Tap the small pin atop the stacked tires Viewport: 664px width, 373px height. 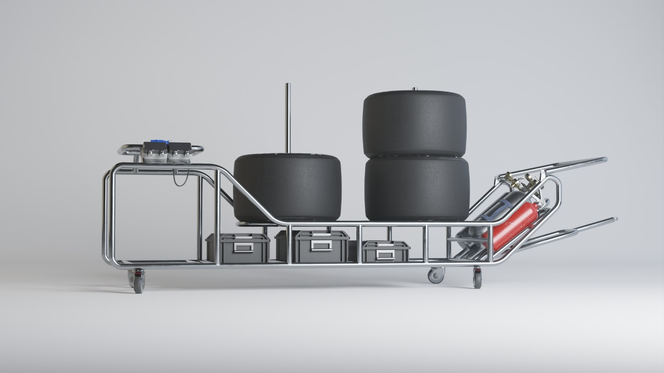pyautogui.click(x=414, y=89)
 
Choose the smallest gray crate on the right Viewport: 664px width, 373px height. pyautogui.click(x=386, y=251)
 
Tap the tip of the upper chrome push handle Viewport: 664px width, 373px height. pyautogui.click(x=605, y=159)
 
